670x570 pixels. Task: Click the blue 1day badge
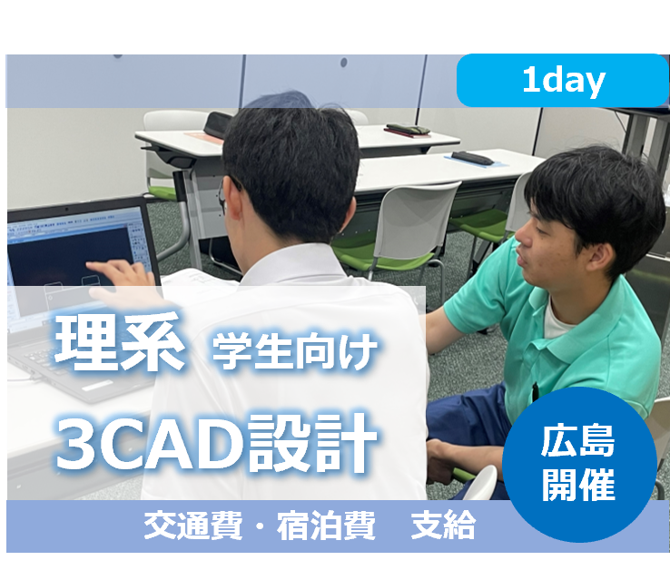(x=563, y=82)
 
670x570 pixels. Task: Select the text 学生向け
(x=294, y=351)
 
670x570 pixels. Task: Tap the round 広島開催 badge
(x=579, y=465)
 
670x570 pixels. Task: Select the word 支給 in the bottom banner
(x=443, y=527)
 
